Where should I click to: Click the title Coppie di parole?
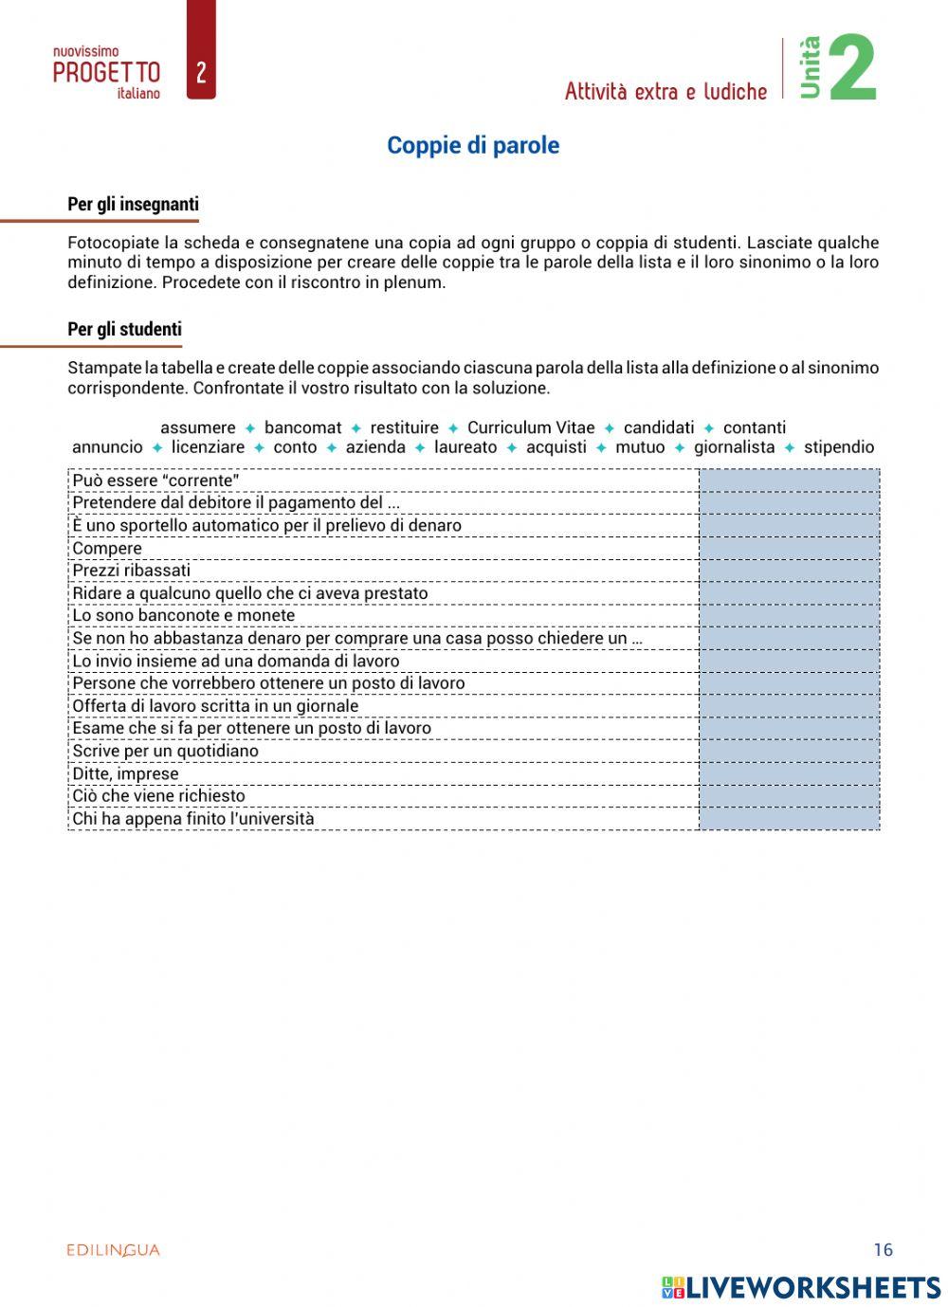point(473,146)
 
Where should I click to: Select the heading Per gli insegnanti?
point(133,204)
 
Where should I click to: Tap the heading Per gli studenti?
point(124,330)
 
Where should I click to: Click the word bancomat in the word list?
point(302,427)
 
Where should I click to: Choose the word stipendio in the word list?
point(839,447)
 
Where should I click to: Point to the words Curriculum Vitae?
point(531,427)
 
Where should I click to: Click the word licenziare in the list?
point(208,447)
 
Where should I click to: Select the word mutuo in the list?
point(640,447)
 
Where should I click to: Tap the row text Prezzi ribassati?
point(132,571)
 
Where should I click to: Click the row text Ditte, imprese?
point(125,773)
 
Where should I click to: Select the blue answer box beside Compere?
point(789,548)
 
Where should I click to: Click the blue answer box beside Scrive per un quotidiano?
point(789,751)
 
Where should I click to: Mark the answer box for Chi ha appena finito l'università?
point(789,819)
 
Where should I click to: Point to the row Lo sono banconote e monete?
point(184,615)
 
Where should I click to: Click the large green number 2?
point(851,68)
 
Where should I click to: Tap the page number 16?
point(883,1249)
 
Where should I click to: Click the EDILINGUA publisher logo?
point(113,1250)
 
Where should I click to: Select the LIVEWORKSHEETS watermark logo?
point(801,1287)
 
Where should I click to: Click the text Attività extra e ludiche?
point(665,92)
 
